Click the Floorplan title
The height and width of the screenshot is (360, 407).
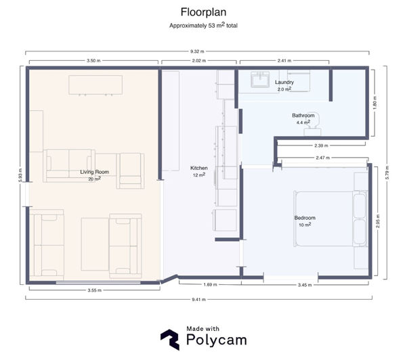[x=203, y=12]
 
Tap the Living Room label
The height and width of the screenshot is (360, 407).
[x=95, y=172]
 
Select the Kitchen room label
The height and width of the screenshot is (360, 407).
[x=199, y=168]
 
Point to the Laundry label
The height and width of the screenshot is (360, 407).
[x=284, y=83]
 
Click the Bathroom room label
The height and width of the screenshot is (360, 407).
[x=303, y=115]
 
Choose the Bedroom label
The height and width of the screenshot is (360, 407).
[x=305, y=218]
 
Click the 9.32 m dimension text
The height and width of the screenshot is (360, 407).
[x=197, y=51]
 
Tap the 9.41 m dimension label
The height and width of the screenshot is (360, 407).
[x=199, y=299]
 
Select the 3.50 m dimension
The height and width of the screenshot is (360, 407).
[x=93, y=61]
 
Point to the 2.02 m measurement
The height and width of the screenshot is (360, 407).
[x=199, y=61]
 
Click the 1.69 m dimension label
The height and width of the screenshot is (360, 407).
[x=210, y=284]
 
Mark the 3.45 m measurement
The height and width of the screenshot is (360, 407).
[x=305, y=285]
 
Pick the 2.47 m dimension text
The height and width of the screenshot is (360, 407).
[x=323, y=158]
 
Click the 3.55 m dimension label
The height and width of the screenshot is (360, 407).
[x=95, y=290]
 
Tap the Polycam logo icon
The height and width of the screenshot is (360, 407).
[x=170, y=340]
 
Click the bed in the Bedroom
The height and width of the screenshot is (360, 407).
[x=330, y=219]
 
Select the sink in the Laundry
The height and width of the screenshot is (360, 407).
[x=260, y=79]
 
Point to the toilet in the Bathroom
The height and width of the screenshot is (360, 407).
[x=313, y=127]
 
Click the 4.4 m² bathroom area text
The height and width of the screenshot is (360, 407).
[x=303, y=122]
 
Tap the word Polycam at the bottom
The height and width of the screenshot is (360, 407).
[x=217, y=340]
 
